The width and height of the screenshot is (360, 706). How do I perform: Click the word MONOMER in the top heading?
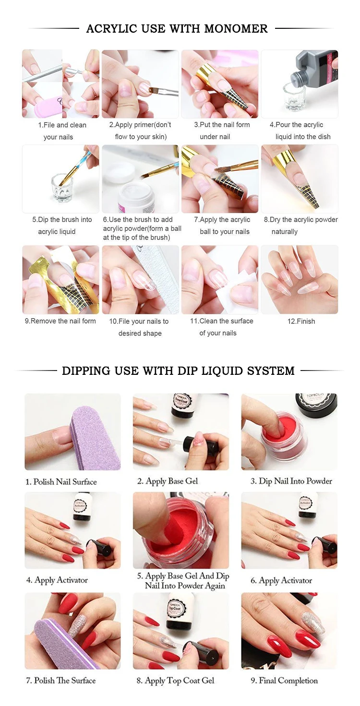click(x=236, y=29)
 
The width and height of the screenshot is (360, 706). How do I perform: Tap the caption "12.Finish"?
click(x=301, y=321)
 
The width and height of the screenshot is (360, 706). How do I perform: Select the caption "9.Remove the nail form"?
click(x=60, y=321)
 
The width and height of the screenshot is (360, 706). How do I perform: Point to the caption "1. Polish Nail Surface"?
click(x=61, y=481)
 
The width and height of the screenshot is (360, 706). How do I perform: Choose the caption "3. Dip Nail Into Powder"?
click(x=291, y=481)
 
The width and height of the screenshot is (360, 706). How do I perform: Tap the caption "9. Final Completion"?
click(x=288, y=681)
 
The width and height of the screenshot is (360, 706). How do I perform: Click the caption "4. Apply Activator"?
click(x=57, y=580)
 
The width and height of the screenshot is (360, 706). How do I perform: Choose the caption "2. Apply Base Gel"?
click(x=168, y=481)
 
